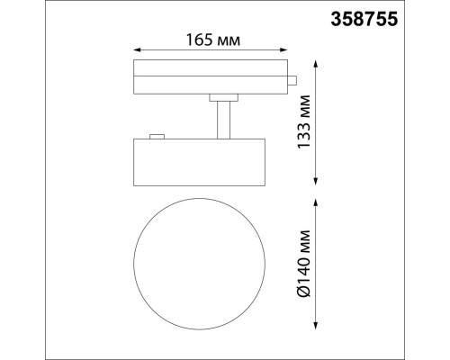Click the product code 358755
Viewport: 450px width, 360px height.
(x=401, y=16)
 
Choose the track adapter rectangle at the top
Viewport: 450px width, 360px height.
(x=211, y=77)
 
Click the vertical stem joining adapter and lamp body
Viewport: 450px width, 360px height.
(x=220, y=120)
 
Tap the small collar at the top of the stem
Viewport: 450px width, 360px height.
(x=220, y=97)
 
